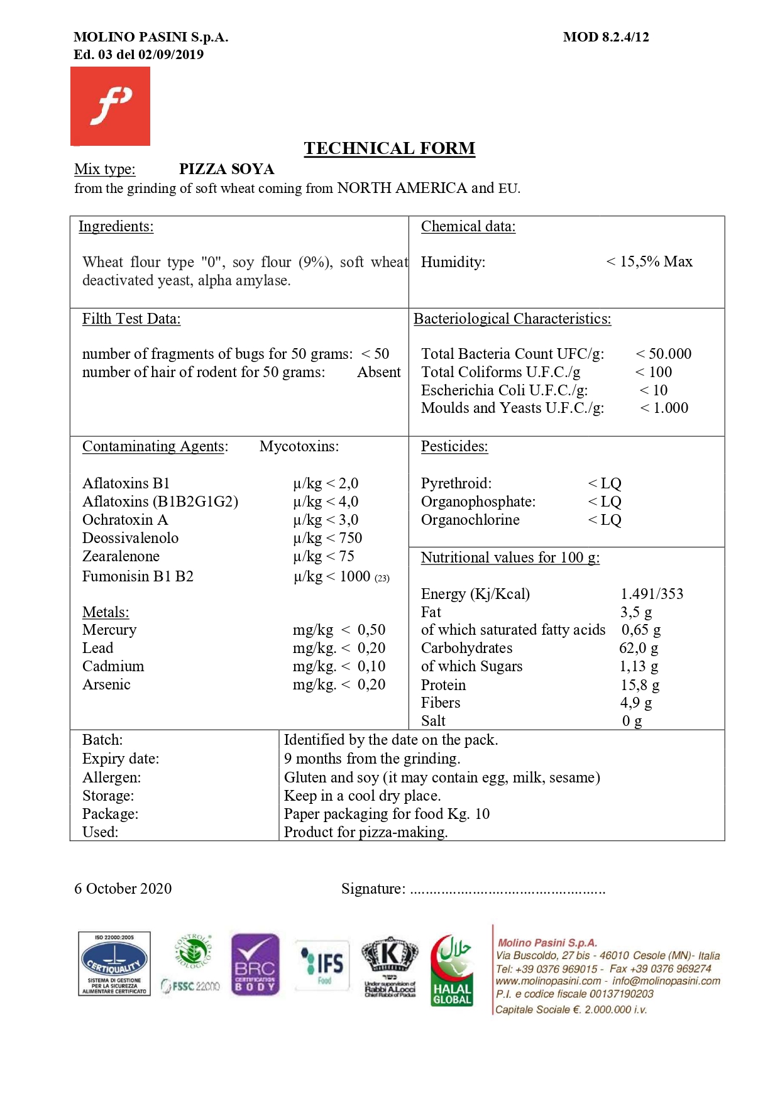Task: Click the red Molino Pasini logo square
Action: [x=110, y=106]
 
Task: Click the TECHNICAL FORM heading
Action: [x=389, y=148]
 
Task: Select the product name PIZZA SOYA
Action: [x=226, y=169]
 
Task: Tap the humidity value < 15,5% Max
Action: [x=649, y=261]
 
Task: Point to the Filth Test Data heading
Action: [x=131, y=319]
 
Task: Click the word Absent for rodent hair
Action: [x=378, y=372]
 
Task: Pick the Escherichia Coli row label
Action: [x=504, y=390]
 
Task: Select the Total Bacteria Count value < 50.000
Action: [x=664, y=354]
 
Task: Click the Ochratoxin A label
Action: [x=125, y=520]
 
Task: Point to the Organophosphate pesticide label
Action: [x=478, y=502]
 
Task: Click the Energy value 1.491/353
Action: [x=652, y=594]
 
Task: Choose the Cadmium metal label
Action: [x=113, y=666]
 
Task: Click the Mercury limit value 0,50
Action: [x=371, y=630]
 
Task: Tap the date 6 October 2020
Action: [x=123, y=889]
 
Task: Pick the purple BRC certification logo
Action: [x=255, y=965]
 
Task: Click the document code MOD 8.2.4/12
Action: [x=606, y=37]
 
